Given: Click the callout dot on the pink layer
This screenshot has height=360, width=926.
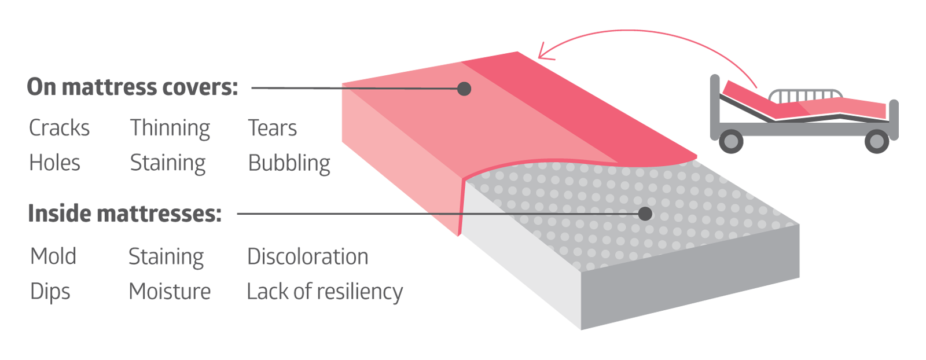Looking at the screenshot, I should click(x=464, y=89).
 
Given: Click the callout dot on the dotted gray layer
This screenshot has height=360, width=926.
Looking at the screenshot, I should click(x=645, y=214).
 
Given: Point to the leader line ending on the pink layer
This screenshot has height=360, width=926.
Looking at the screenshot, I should click(x=399, y=89).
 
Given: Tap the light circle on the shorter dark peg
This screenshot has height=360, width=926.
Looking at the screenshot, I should click(x=732, y=141).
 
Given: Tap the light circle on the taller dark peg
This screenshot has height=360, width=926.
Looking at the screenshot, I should click(x=877, y=141).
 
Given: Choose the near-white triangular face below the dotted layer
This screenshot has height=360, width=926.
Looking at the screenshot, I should click(x=509, y=260).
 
